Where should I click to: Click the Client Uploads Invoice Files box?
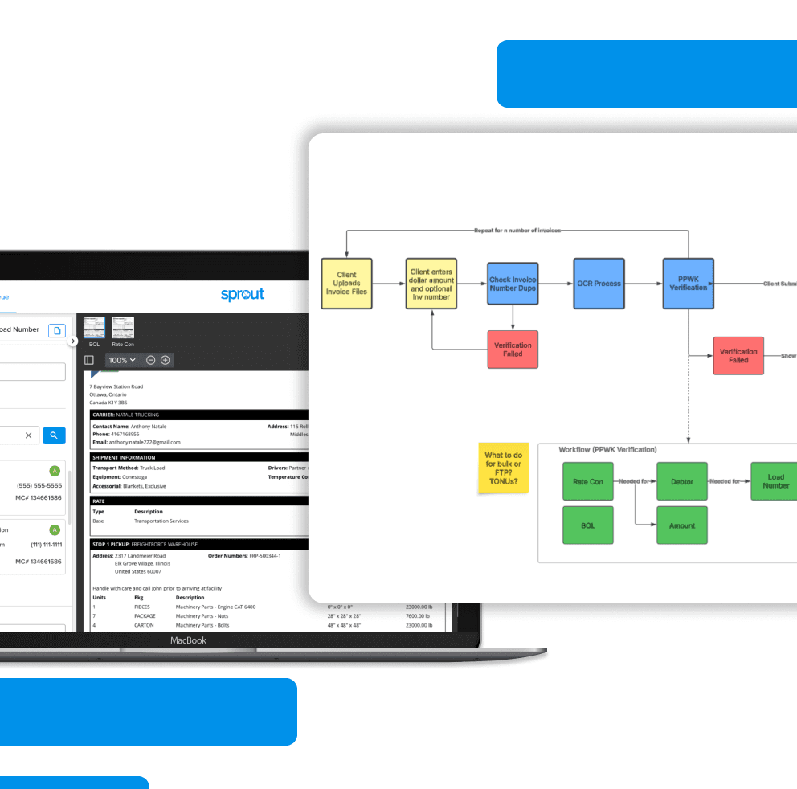[x=347, y=284]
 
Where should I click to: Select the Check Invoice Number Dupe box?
[x=513, y=284]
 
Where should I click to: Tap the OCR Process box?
[x=599, y=284]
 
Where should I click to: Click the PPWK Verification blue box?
[x=688, y=284]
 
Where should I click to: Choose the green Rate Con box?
[x=588, y=482]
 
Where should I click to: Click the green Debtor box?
[x=682, y=482]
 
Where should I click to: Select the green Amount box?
[x=682, y=525]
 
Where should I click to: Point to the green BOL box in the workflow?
[x=588, y=525]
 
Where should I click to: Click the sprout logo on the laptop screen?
[x=243, y=294]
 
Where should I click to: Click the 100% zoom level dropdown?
[x=122, y=360]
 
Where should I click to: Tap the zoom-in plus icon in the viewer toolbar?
[x=166, y=360]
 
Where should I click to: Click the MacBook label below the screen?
[x=188, y=640]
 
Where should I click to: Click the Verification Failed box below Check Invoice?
[x=513, y=350]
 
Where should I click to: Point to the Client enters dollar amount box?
[x=431, y=284]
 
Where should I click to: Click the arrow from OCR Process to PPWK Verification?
[x=644, y=284]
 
